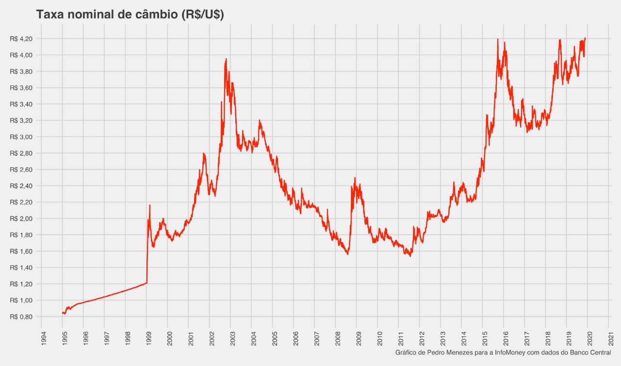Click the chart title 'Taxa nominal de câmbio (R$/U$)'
click(130, 15)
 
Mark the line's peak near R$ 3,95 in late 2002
click(226, 59)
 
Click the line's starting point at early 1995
click(62, 313)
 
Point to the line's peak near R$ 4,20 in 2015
click(498, 39)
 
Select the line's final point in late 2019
click(586, 38)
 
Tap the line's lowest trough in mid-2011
click(410, 256)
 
